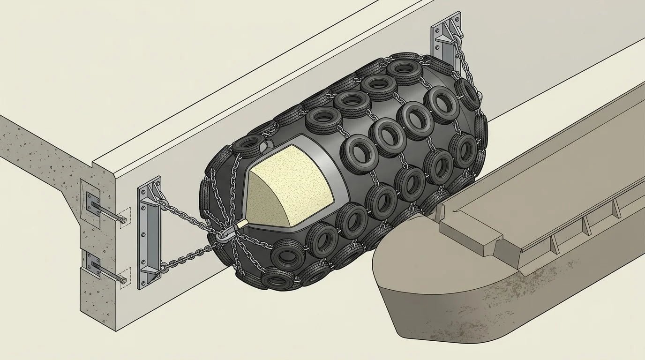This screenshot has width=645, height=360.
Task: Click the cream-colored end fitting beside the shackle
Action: coord(240,225)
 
